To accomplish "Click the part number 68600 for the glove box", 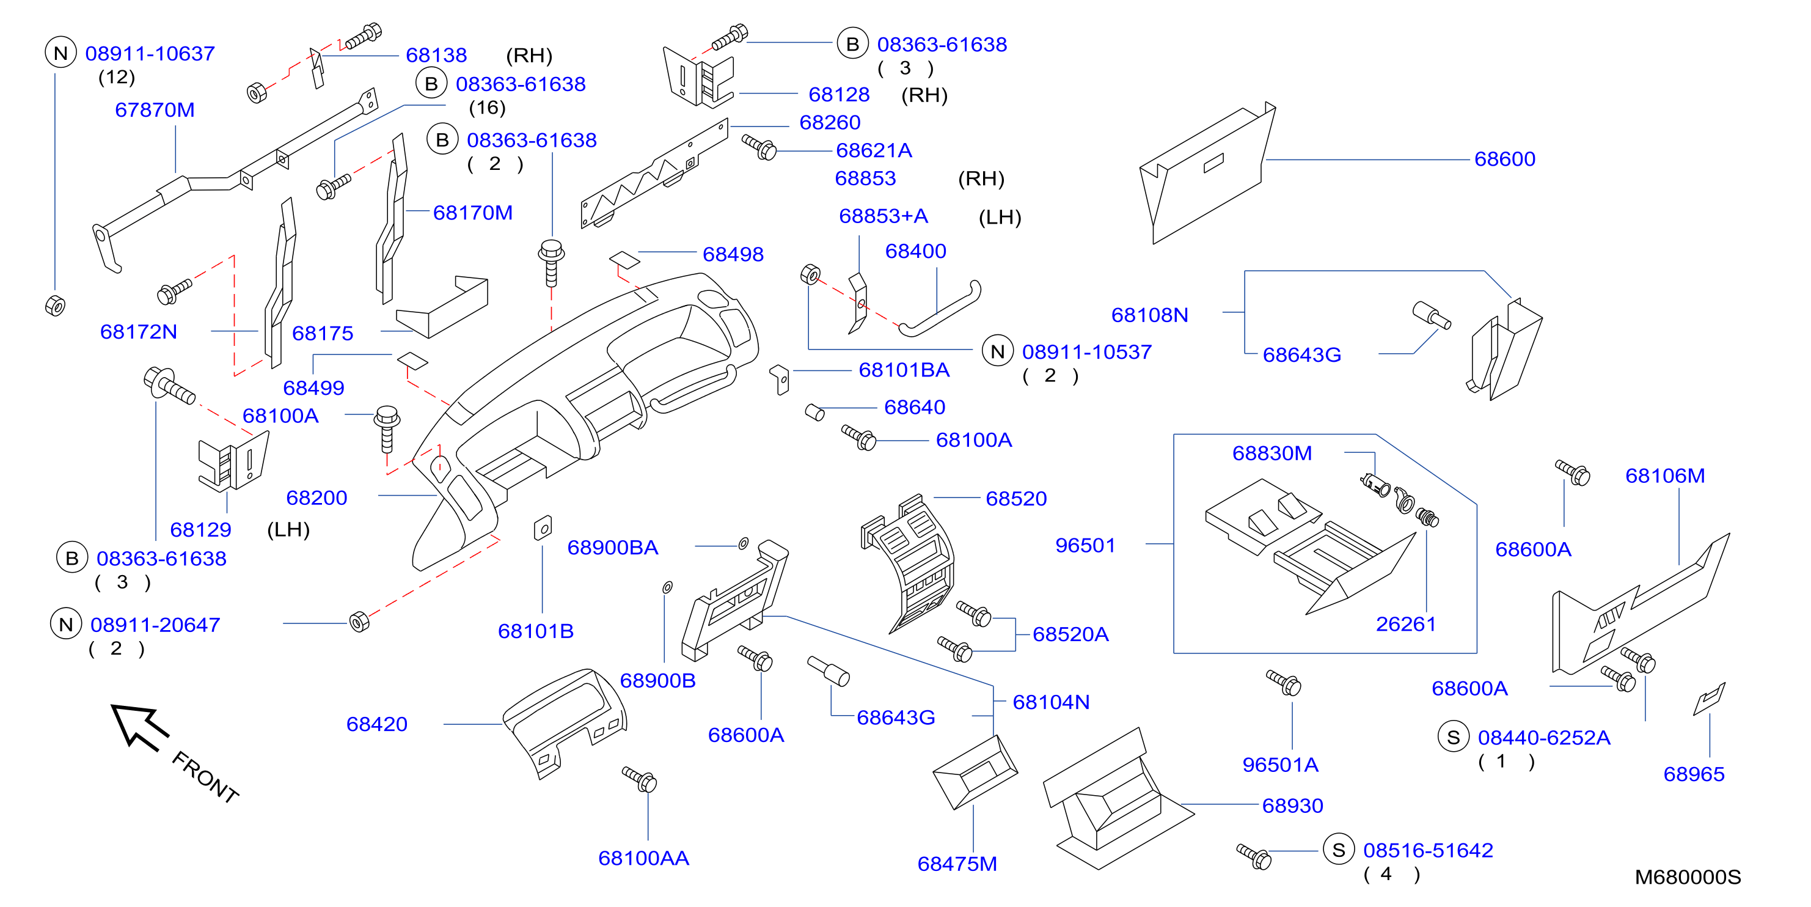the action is pos(1504,159).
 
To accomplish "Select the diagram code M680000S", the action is pos(1687,877).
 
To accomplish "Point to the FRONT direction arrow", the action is pos(139,726).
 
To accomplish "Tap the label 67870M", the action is pos(155,109).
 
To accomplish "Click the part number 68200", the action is pos(316,498).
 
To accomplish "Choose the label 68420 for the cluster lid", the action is pos(377,724).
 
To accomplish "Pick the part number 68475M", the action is pos(957,864).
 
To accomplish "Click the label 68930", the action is pos(1292,806).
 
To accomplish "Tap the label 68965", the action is pos(1694,774).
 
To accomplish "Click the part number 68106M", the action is pos(1665,476).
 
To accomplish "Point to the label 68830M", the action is pos(1271,453).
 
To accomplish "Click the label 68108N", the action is pos(1149,315).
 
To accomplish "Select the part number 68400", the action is pos(915,251).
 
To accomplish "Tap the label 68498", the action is pos(733,254).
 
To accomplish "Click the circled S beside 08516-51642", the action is pos(1339,850).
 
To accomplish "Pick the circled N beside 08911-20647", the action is pos(66,625).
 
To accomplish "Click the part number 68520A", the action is pos(1070,634).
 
